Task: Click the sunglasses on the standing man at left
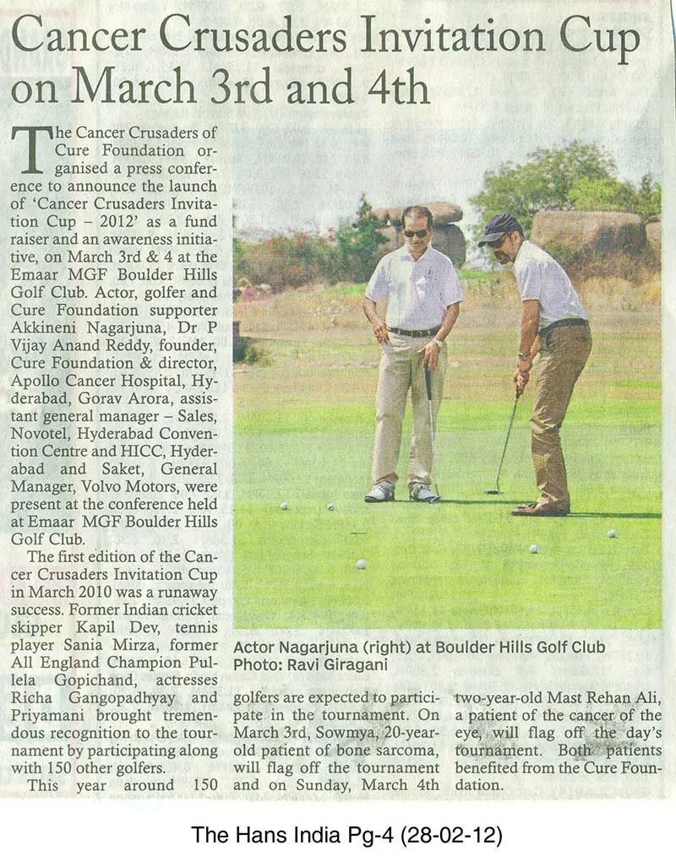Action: [x=415, y=233]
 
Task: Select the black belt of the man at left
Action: [x=414, y=332]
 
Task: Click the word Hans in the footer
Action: [x=241, y=836]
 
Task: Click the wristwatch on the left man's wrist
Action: [x=438, y=344]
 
